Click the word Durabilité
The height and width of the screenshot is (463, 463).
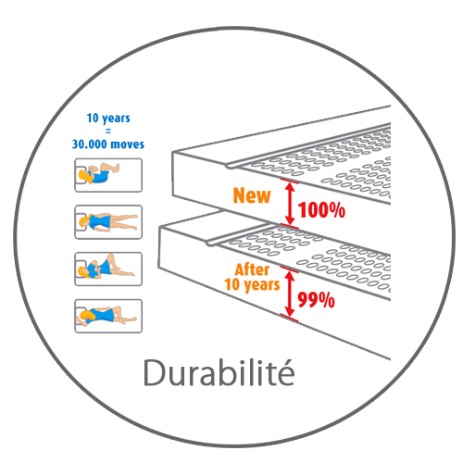tap(219, 372)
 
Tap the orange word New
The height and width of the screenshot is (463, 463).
tap(252, 195)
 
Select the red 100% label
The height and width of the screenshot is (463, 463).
tap(321, 210)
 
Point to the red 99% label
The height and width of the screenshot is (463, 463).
tap(316, 300)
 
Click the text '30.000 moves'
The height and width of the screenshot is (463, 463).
tap(108, 144)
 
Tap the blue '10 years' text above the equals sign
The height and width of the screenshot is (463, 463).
tap(108, 119)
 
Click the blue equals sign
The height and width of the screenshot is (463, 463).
tap(108, 131)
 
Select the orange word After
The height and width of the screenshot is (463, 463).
tap(252, 269)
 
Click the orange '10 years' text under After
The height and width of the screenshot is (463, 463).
tap(252, 285)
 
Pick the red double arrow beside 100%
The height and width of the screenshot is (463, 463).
tap(290, 204)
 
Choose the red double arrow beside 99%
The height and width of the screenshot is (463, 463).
tap(290, 294)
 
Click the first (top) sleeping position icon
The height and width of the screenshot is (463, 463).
tap(108, 175)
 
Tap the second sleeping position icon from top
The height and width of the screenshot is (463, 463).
tap(108, 222)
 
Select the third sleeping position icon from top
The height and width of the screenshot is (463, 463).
tap(108, 269)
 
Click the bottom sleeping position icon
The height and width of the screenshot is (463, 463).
tap(108, 316)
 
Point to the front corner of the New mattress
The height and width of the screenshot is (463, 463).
tap(172, 152)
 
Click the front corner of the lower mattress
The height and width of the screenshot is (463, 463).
tap(159, 227)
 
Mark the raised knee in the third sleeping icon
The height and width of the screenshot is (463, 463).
tap(110, 256)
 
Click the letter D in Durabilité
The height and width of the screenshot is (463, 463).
tap(154, 372)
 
